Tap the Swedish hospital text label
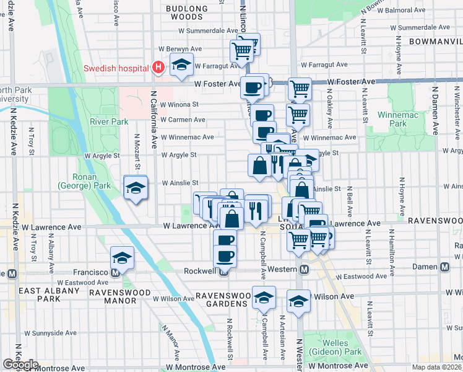coord(117,68)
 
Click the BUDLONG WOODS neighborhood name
coord(186,12)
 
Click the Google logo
coord(20,365)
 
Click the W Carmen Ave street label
coord(183,120)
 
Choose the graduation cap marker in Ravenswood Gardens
coord(264,299)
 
